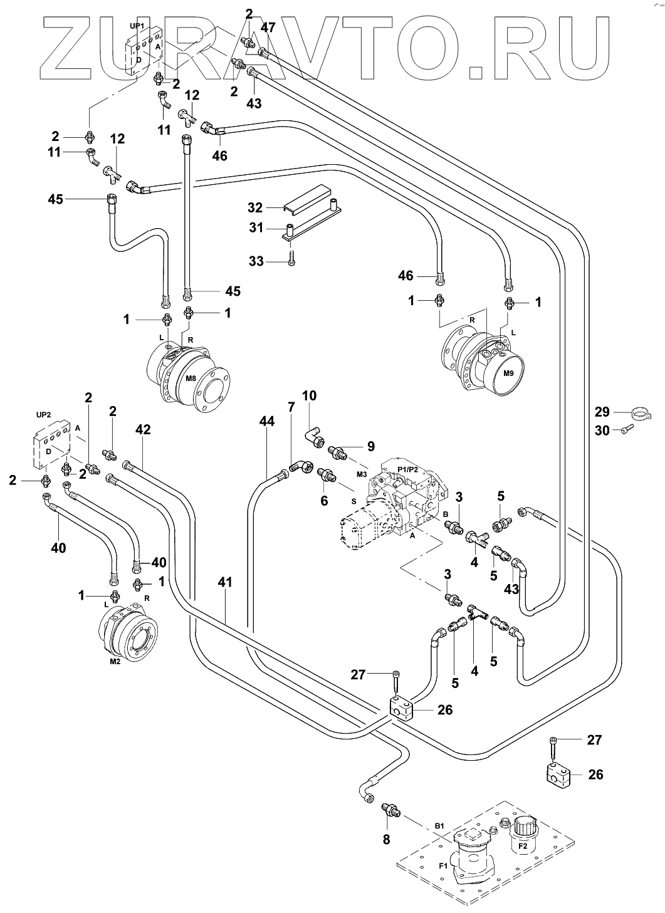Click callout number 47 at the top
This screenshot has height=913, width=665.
268,27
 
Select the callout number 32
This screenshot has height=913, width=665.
254,207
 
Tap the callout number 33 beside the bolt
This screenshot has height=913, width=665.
256,261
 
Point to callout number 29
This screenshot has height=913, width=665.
602,412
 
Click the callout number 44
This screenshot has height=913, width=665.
267,422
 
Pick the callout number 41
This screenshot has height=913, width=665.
224,582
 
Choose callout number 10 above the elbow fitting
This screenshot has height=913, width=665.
309,395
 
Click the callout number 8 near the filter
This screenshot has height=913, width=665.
386,838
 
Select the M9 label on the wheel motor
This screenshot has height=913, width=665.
508,373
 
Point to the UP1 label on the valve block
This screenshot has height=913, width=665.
137,26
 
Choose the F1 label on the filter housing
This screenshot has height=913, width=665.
442,867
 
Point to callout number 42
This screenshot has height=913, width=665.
143,429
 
